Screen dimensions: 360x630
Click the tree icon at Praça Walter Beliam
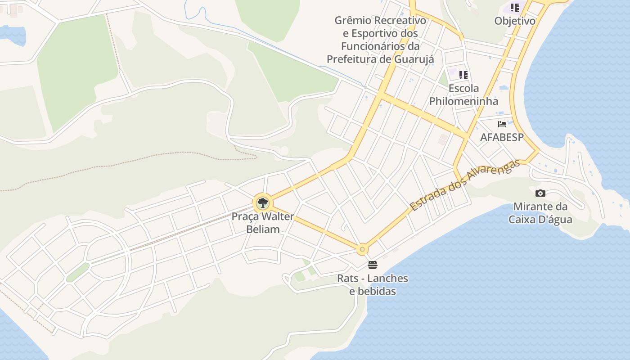[x=262, y=203]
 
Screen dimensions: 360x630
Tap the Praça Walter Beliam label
[x=263, y=223]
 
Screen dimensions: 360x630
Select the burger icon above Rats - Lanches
[x=372, y=265]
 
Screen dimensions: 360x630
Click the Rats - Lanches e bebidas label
[x=373, y=285]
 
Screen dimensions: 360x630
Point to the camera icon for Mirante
[x=540, y=193]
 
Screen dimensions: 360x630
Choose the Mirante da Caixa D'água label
[x=540, y=213]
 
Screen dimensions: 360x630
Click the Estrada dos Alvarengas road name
[x=465, y=185]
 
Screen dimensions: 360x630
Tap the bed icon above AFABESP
[x=502, y=124]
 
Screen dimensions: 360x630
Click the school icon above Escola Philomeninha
[x=463, y=75]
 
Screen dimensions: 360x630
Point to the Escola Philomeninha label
[x=463, y=94]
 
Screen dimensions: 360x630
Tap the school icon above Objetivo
[x=515, y=8]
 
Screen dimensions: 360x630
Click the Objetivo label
[x=515, y=21]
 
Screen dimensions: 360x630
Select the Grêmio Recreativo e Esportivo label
[x=380, y=40]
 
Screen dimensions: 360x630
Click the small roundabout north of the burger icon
[x=362, y=249]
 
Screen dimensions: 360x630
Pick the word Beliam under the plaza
[x=263, y=229]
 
